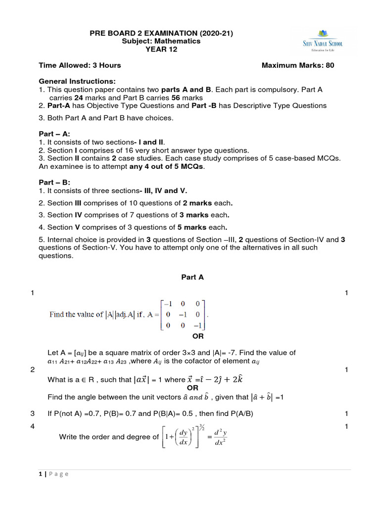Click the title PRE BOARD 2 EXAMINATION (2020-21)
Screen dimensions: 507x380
coord(161,33)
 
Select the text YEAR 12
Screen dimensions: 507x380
coord(161,49)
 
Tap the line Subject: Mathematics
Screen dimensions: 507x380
coord(161,41)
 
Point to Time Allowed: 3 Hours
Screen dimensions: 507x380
coord(80,65)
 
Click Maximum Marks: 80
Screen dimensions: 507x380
coord(297,65)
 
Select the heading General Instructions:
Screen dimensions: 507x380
coord(77,81)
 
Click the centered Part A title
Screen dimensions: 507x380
coord(192,277)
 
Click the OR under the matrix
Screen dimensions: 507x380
coord(198,337)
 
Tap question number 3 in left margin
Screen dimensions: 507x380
coord(32,413)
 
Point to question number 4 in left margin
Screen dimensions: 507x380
coord(32,427)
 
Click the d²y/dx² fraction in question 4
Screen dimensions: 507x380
coord(220,437)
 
